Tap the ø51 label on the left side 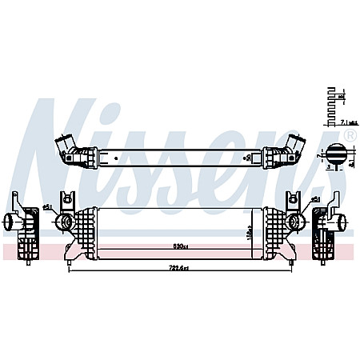[x=47, y=207]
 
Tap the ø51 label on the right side [x=315, y=201]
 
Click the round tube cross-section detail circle [x=337, y=154]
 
